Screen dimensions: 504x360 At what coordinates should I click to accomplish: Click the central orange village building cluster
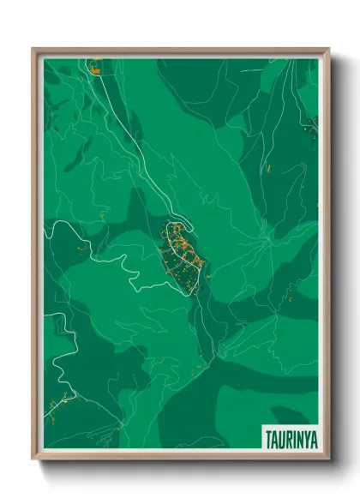pyautogui.click(x=183, y=253)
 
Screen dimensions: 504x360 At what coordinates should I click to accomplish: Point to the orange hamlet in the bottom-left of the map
pyautogui.click(x=64, y=398)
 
